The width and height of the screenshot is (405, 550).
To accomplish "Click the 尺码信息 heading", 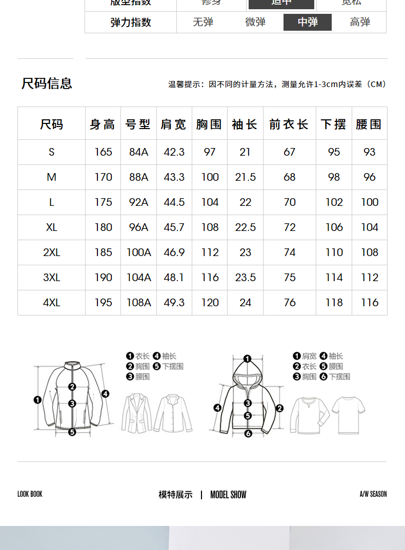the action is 47,83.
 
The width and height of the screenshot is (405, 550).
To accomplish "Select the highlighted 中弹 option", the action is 308,22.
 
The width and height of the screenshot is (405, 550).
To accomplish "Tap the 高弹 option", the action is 360,22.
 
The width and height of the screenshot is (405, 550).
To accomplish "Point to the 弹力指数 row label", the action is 131,22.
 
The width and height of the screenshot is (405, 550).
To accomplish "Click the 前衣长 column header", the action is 289,124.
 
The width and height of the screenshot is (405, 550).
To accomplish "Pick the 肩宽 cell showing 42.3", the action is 174,152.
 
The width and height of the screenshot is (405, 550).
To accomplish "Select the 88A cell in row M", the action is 138,177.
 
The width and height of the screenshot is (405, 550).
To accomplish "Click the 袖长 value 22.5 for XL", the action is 245,227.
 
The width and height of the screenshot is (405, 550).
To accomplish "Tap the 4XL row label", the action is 51,303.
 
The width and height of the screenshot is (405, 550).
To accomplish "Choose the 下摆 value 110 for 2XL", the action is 334,252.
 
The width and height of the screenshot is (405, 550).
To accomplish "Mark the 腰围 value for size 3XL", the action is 369,278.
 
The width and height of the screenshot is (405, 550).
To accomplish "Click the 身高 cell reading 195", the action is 103,303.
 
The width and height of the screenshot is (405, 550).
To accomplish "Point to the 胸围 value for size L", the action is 210,202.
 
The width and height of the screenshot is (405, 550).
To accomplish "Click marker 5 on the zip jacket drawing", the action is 72,432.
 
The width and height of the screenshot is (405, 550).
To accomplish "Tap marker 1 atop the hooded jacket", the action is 247,359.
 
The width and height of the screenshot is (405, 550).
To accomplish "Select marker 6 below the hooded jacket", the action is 248,434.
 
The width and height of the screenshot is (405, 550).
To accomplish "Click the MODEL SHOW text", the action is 228,495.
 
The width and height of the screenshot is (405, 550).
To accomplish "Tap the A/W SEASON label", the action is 373,494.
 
